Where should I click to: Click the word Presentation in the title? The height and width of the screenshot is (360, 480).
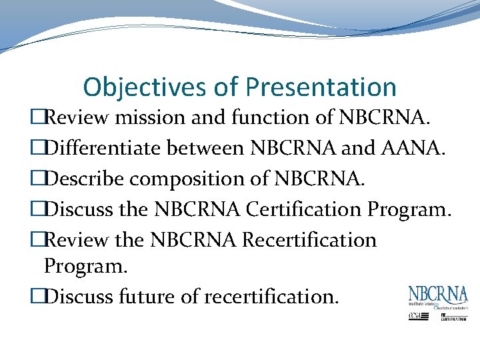[x=321, y=87]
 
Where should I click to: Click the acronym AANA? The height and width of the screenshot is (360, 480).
[x=408, y=148]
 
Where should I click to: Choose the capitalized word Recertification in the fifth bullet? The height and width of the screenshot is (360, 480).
[x=310, y=240]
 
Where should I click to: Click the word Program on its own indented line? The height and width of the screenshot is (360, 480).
[x=85, y=267]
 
